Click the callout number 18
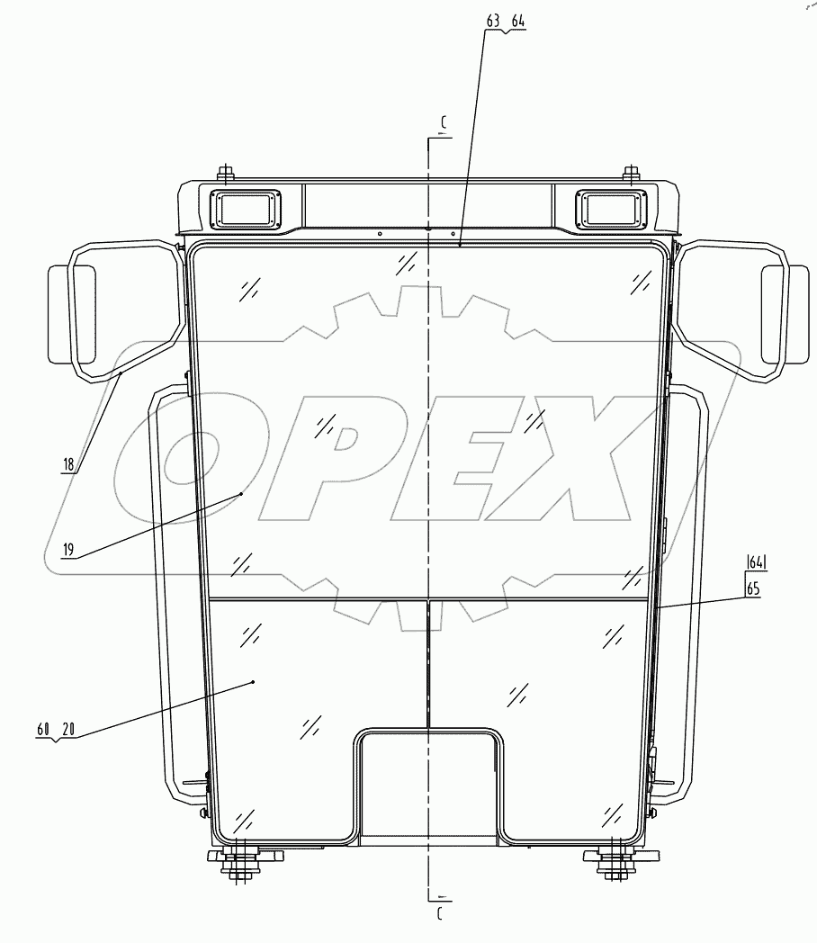68,465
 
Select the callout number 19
68,549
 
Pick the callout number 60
43,729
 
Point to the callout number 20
68,729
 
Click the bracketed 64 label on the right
755,564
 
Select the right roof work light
611,210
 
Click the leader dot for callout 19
242,493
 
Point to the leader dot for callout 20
254,682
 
